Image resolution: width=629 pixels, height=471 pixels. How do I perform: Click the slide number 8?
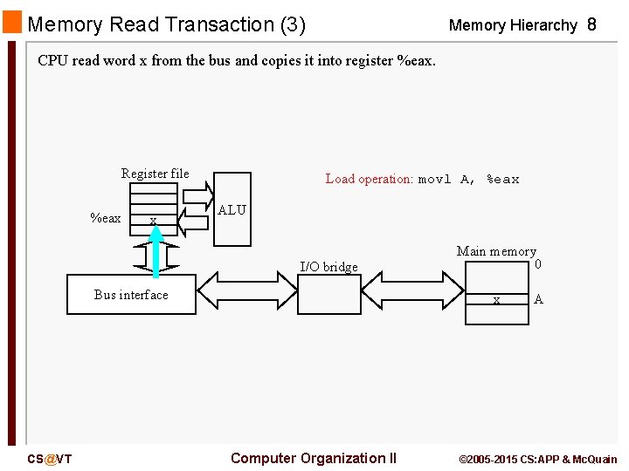pyautogui.click(x=591, y=25)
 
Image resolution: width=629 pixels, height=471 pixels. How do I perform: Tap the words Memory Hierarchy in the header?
pyautogui.click(x=512, y=25)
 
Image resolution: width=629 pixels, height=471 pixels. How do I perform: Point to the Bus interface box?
pyautogui.click(x=131, y=294)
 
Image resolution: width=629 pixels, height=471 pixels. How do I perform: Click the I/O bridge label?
pyautogui.click(x=328, y=267)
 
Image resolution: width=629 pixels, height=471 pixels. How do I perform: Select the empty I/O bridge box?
pyautogui.click(x=328, y=295)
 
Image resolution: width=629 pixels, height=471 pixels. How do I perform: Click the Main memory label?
pyautogui.click(x=495, y=251)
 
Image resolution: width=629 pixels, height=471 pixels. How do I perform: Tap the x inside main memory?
pyautogui.click(x=496, y=299)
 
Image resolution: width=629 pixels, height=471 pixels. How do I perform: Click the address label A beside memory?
pyautogui.click(x=538, y=299)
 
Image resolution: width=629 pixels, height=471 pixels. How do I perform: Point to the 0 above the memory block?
pyautogui.click(x=538, y=264)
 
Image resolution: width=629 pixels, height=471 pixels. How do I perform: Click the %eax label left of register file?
pyautogui.click(x=106, y=218)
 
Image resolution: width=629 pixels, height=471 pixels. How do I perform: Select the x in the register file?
pyautogui.click(x=153, y=221)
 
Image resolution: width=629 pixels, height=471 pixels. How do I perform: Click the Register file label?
pyautogui.click(x=155, y=174)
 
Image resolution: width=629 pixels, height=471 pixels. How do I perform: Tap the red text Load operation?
pyautogui.click(x=369, y=179)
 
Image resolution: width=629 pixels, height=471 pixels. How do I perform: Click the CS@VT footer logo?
pyautogui.click(x=49, y=459)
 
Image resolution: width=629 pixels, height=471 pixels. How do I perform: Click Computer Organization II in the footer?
pyautogui.click(x=313, y=458)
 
